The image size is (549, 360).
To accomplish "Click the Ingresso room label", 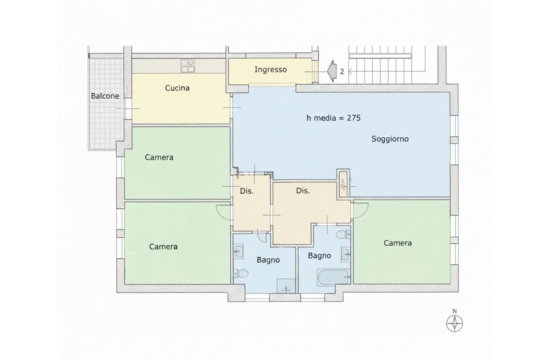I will pyautogui.click(x=270, y=70).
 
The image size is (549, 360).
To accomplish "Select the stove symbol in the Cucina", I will pyautogui.click(x=187, y=66).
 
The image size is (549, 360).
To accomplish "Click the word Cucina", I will pyautogui.click(x=177, y=88).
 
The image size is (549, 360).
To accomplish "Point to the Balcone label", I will pyautogui.click(x=105, y=96).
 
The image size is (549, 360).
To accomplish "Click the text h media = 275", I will pyautogui.click(x=333, y=118).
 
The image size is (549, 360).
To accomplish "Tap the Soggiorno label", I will pyautogui.click(x=390, y=139).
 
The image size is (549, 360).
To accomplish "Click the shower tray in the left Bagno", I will pyautogui.click(x=287, y=287).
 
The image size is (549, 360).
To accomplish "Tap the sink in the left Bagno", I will pyautogui.click(x=239, y=252).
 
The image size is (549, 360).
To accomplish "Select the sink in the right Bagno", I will pyautogui.click(x=346, y=254).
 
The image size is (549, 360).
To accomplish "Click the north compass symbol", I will pyautogui.click(x=455, y=322).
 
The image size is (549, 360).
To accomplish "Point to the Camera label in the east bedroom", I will pyautogui.click(x=398, y=243).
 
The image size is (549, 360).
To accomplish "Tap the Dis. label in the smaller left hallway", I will pyautogui.click(x=247, y=191).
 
